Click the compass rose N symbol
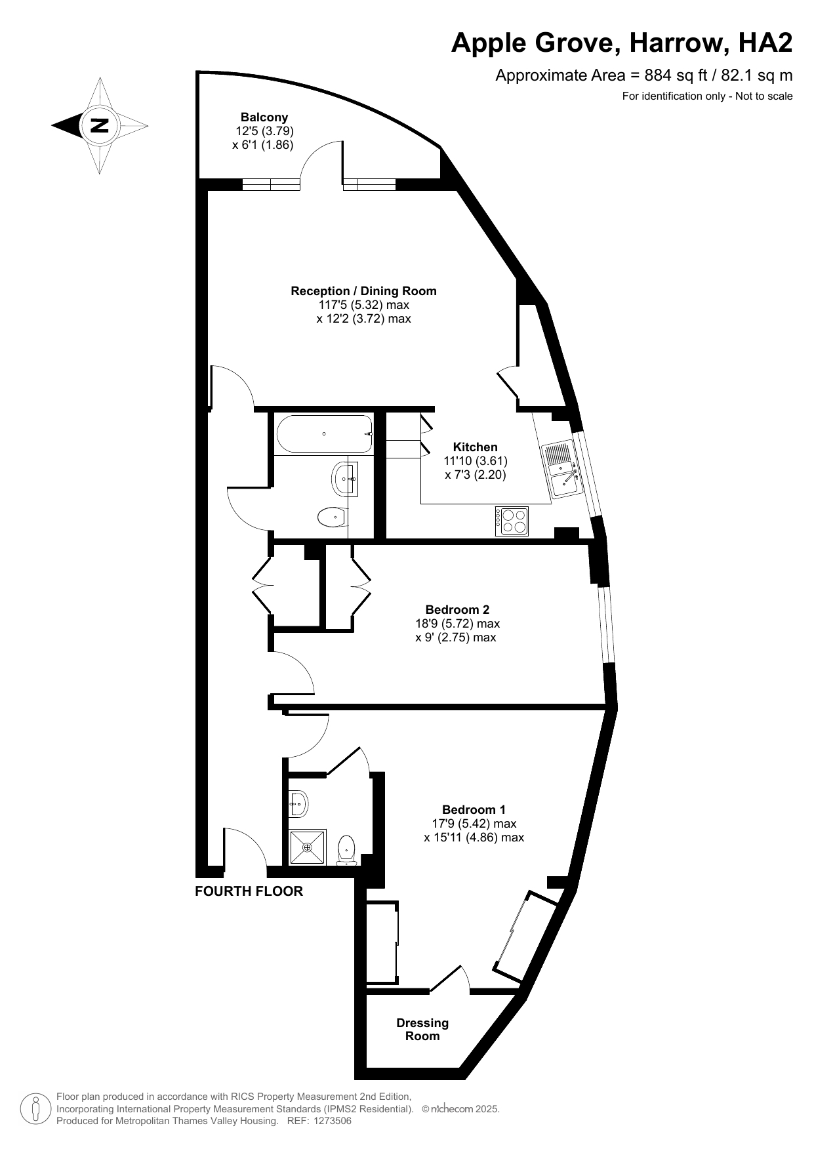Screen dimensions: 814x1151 point(100,125)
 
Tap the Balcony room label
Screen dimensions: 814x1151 point(264,117)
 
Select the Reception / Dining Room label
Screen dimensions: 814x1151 point(363,291)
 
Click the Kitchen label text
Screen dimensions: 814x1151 point(476,447)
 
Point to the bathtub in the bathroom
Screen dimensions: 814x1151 point(325,434)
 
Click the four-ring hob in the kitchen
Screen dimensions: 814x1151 point(512,521)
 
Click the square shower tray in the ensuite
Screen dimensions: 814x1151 point(307,847)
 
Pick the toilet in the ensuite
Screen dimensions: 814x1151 point(346,851)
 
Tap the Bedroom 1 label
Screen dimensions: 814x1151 point(474,810)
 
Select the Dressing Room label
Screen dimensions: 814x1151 point(422,1029)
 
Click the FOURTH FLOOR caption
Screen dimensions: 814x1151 point(249,891)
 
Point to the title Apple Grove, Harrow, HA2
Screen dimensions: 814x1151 point(622,43)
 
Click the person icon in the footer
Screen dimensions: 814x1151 point(36,1108)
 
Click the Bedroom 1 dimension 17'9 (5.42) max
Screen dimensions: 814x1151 point(474,824)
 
